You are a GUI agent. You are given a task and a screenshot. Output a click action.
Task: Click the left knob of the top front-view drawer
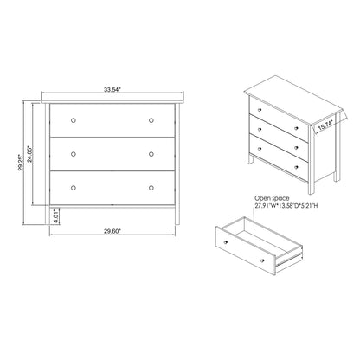point(74,119)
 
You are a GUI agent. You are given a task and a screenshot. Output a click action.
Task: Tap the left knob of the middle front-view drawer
point(74,153)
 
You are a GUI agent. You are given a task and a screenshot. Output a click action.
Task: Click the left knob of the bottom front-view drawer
point(74,186)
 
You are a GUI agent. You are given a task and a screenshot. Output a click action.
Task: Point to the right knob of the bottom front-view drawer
point(151,186)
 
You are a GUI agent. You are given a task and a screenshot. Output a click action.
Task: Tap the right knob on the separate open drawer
point(261,259)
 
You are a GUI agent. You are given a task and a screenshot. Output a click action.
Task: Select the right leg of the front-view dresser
point(175,213)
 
